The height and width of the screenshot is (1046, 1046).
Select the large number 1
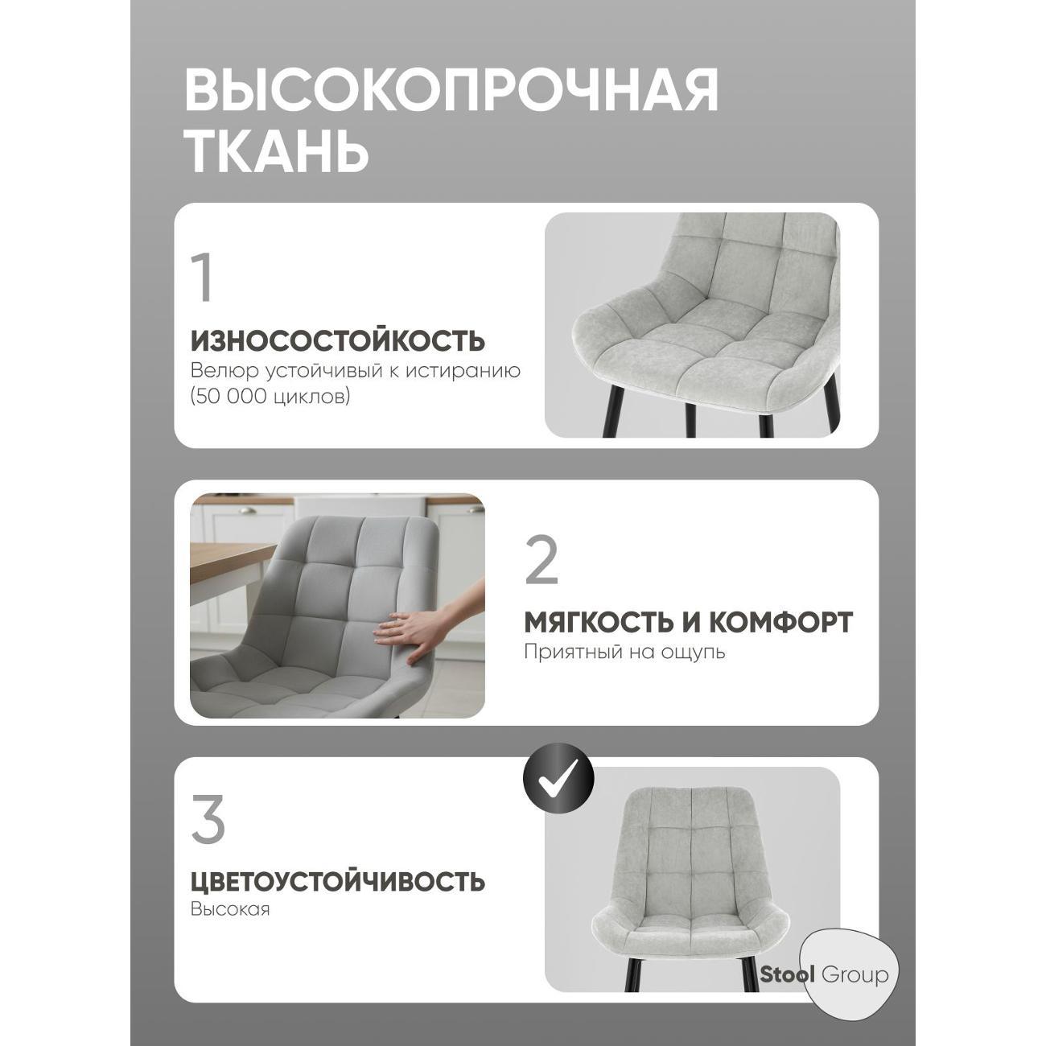[203, 277]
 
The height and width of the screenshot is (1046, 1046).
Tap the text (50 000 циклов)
[270, 397]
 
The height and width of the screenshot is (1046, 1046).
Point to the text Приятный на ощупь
[624, 652]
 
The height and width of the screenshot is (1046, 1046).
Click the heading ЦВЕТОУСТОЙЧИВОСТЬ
[338, 881]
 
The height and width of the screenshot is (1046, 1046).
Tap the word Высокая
[230, 909]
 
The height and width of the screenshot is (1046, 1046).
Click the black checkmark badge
[558, 779]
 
